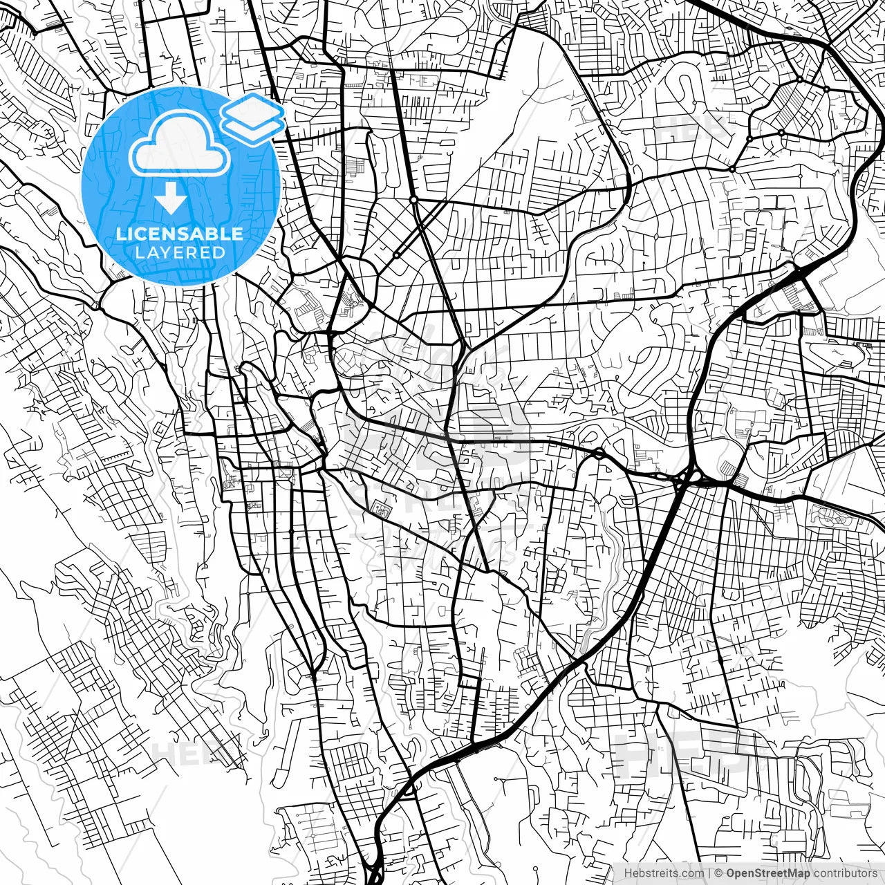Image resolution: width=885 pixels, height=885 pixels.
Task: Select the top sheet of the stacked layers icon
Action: [x=252, y=110]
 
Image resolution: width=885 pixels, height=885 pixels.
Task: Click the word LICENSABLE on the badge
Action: [x=180, y=234]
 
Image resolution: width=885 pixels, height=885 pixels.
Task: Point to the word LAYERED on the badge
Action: [x=180, y=253]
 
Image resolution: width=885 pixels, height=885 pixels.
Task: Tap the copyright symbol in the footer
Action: [x=719, y=873]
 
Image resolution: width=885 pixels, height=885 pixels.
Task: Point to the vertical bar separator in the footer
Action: [x=710, y=873]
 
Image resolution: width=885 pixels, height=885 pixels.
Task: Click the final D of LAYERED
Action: [x=219, y=253]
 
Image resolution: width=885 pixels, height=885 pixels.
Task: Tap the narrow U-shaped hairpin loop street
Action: [x=691, y=86]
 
